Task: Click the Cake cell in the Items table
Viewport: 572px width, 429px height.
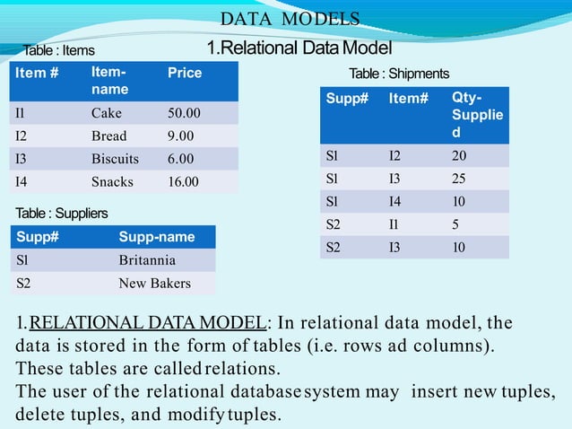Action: pyautogui.click(x=107, y=114)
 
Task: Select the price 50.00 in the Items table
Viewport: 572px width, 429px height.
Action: pyautogui.click(x=184, y=114)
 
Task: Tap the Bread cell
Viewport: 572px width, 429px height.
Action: pyautogui.click(x=109, y=136)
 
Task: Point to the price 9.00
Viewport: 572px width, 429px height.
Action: pyautogui.click(x=180, y=136)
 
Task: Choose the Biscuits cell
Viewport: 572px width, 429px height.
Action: pyautogui.click(x=115, y=159)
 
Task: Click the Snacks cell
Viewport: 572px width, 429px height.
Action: pyautogui.click(x=112, y=181)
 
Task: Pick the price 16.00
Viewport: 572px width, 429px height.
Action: pyautogui.click(x=184, y=181)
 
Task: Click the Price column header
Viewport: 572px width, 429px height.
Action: pyautogui.click(x=185, y=73)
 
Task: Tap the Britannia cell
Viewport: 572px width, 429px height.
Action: pyautogui.click(x=147, y=260)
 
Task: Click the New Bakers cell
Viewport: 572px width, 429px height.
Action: pyautogui.click(x=154, y=284)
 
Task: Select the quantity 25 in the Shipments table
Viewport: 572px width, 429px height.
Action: pyautogui.click(x=460, y=178)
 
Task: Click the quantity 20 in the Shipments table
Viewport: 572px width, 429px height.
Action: pyautogui.click(x=460, y=155)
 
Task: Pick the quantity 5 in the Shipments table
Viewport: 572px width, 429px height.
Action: pyautogui.click(x=456, y=223)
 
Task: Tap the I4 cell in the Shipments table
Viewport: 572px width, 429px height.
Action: pyautogui.click(x=395, y=201)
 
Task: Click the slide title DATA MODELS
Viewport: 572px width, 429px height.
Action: pyautogui.click(x=290, y=19)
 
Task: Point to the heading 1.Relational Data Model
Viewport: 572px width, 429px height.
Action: pyautogui.click(x=299, y=47)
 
